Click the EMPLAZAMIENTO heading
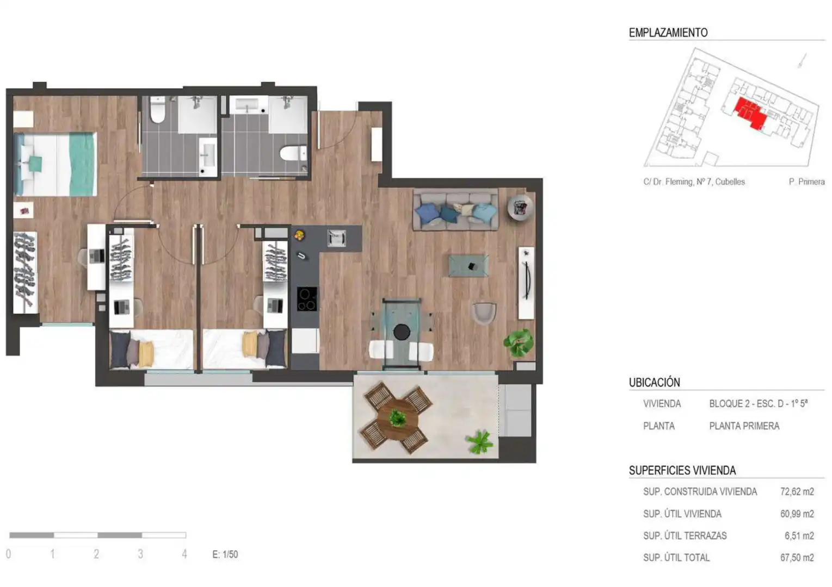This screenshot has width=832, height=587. click(x=668, y=33)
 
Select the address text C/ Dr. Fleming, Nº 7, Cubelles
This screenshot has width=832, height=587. click(x=694, y=182)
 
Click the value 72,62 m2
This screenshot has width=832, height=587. click(x=797, y=492)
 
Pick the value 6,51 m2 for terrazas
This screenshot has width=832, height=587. click(x=799, y=536)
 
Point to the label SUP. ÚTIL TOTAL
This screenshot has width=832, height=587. click(x=676, y=557)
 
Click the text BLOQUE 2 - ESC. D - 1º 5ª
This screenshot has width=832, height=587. click(x=758, y=403)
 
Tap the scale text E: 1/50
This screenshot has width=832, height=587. click(x=225, y=554)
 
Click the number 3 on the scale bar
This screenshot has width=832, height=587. click(x=140, y=554)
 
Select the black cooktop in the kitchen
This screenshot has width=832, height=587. click(x=307, y=299)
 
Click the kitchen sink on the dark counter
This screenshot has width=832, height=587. click(x=337, y=238)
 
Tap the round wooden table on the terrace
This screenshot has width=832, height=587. click(x=398, y=420)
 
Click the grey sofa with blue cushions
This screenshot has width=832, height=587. click(x=456, y=209)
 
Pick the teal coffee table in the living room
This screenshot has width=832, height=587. click(x=469, y=266)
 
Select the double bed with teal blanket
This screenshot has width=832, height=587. click(x=56, y=164)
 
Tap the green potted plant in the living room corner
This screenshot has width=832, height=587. click(x=519, y=343)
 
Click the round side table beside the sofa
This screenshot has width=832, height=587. click(x=520, y=208)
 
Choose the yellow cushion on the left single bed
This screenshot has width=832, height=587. click(x=146, y=354)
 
